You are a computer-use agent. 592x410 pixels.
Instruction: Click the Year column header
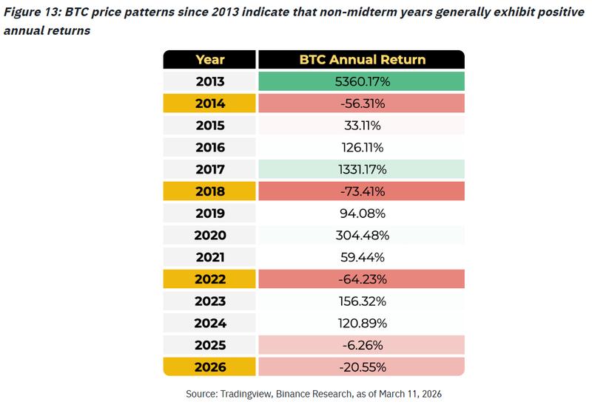coord(209,60)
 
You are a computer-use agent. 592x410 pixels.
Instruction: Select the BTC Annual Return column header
coord(360,60)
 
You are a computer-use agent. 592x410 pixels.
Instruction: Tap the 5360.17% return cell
coord(360,81)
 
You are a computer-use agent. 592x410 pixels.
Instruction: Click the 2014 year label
coord(209,103)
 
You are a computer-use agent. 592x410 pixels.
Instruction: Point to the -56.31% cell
coord(360,103)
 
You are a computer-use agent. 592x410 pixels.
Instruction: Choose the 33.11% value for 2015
coord(360,126)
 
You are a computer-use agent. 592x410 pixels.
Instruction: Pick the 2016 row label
coord(209,147)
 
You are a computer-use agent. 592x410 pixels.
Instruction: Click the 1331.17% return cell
coord(360,169)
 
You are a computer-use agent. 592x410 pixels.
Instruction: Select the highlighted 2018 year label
coord(209,191)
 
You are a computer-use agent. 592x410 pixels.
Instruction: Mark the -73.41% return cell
coord(360,191)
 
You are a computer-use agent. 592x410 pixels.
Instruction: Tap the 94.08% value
coord(360,213)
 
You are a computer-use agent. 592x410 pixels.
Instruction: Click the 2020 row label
coord(209,235)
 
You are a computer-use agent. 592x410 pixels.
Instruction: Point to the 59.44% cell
coord(360,257)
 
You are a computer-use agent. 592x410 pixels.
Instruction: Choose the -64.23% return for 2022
coord(360,279)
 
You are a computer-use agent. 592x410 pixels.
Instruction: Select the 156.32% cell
coord(360,301)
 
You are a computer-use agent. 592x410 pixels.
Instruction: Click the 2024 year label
coord(209,323)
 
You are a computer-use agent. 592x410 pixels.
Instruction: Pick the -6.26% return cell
coord(360,344)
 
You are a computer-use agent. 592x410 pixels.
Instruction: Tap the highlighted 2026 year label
coord(209,366)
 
